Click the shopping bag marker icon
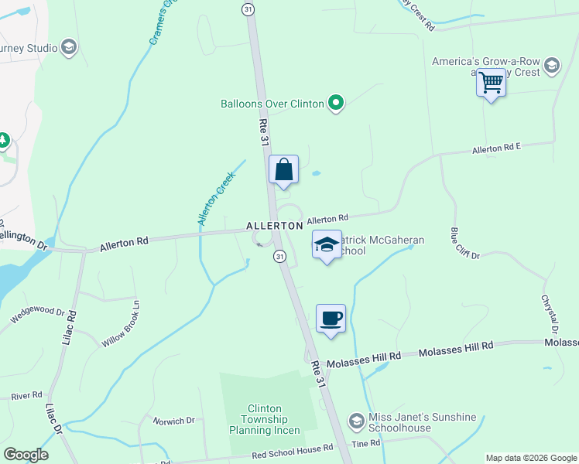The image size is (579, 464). [x=284, y=169]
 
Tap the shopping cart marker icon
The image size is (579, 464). [x=491, y=81]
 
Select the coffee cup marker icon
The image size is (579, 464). [x=331, y=318]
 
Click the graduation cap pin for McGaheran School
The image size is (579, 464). [x=327, y=245]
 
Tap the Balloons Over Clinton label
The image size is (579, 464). [x=272, y=104]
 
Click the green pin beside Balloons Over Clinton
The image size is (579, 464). [x=335, y=103]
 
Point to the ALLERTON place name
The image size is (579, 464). [x=274, y=225]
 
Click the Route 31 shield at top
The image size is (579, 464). [x=248, y=9]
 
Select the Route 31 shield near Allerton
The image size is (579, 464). [x=279, y=256]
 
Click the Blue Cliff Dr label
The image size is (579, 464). [x=465, y=243]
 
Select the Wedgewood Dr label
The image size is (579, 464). [x=37, y=315]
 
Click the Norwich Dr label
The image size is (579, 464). [x=174, y=421]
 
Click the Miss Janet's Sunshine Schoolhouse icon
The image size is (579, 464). [x=356, y=422]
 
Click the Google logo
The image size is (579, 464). [x=26, y=455]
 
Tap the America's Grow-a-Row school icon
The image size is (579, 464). [x=551, y=65]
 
